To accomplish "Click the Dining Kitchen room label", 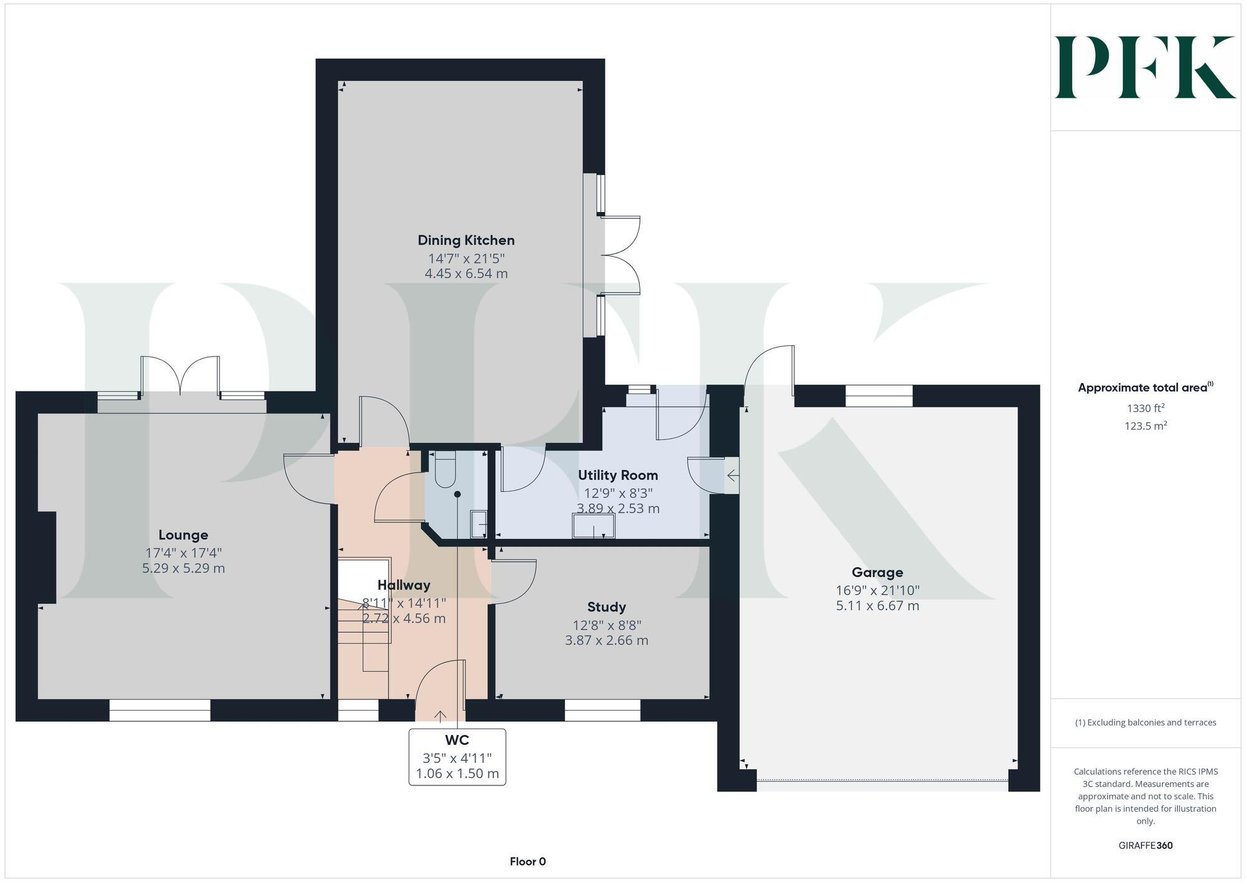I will pyautogui.click(x=466, y=240).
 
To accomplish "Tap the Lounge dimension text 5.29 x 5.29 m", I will pyautogui.click(x=183, y=568).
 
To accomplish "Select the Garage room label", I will pyautogui.click(x=877, y=572).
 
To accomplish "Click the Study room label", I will pyautogui.click(x=606, y=607).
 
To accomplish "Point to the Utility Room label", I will pyautogui.click(x=617, y=475).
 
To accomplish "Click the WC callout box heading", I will pyautogui.click(x=457, y=741).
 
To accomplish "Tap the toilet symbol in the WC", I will pyautogui.click(x=445, y=471).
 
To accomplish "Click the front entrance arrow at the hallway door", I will pyautogui.click(x=440, y=716).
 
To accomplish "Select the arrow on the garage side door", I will pyautogui.click(x=733, y=477).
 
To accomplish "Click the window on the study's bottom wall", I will pyautogui.click(x=602, y=711).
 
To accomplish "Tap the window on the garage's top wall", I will pyautogui.click(x=878, y=396).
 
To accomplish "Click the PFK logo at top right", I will pyautogui.click(x=1145, y=67).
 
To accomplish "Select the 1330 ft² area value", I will pyautogui.click(x=1145, y=408).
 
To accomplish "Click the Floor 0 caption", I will pyautogui.click(x=528, y=861).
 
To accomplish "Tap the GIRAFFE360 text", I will pyautogui.click(x=1145, y=846).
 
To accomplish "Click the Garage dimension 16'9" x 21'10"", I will pyautogui.click(x=877, y=590).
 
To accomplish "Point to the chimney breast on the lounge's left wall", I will pyautogui.click(x=47, y=557).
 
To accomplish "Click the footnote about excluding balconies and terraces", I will pyautogui.click(x=1145, y=722).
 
